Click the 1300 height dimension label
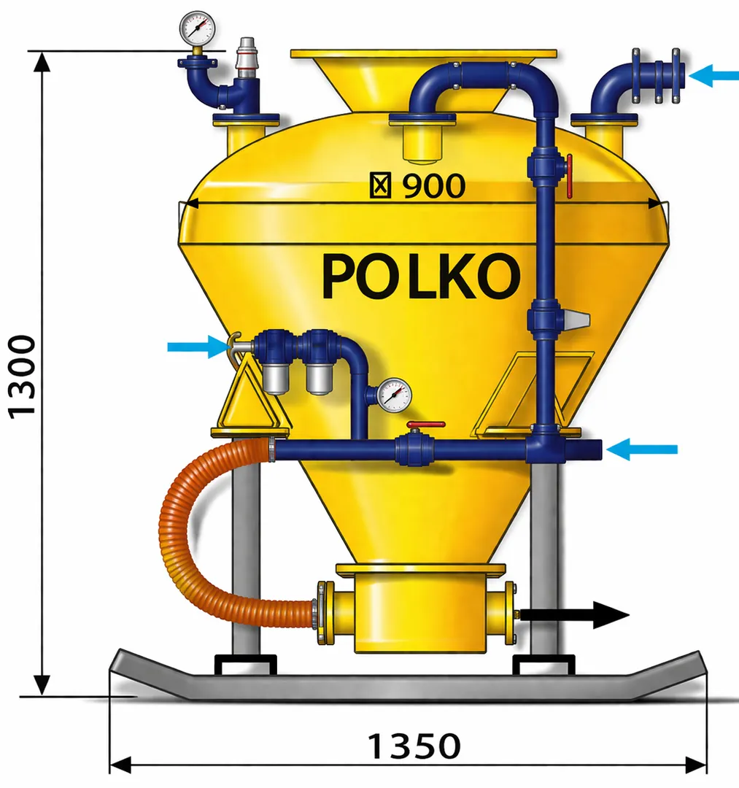click(23, 375)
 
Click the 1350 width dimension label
click(414, 746)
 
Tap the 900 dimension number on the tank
click(433, 187)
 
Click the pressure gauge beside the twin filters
click(395, 395)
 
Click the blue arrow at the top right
click(713, 74)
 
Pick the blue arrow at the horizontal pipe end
click(641, 449)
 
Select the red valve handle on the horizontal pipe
click(425, 424)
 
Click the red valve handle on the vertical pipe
click(569, 176)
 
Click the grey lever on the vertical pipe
click(576, 319)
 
